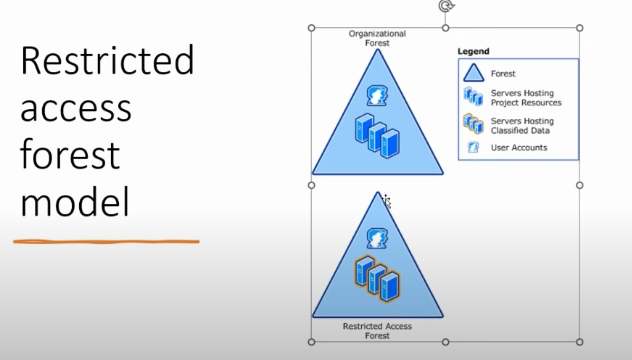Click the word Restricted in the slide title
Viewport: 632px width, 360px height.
(x=107, y=61)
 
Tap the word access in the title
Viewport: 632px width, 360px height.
(x=76, y=109)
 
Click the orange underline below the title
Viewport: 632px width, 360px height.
(x=107, y=242)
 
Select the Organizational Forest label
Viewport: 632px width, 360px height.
(x=378, y=39)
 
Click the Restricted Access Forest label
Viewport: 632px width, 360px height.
(x=378, y=331)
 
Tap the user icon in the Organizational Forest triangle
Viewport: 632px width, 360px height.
(x=378, y=96)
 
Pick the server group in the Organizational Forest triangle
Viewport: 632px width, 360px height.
(x=378, y=136)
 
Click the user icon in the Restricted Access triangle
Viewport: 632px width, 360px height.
(x=378, y=238)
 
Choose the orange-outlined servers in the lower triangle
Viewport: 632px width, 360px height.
(x=378, y=279)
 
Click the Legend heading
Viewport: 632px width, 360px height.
(x=473, y=51)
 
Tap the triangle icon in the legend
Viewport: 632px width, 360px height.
(x=473, y=73)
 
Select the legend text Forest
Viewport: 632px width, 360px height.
(x=503, y=74)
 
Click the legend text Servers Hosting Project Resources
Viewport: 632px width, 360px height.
(x=526, y=98)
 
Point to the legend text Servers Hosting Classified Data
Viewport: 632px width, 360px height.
(x=522, y=126)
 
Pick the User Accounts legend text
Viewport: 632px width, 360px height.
(x=519, y=148)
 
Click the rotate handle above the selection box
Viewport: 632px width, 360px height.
(x=446, y=6)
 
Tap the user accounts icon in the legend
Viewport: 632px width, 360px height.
(x=473, y=147)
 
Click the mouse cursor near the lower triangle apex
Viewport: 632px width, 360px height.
(x=386, y=201)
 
